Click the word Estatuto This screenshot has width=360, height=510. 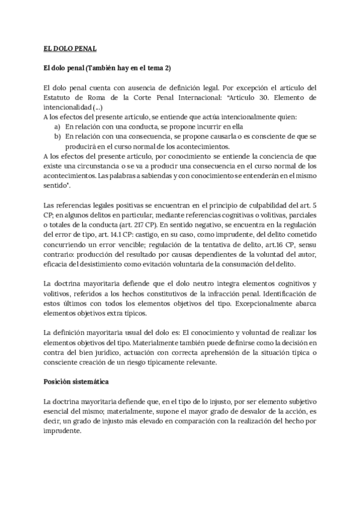pyautogui.click(x=60, y=97)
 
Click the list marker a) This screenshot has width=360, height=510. pyautogui.click(x=57, y=126)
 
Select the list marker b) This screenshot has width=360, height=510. pyautogui.click(x=57, y=137)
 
